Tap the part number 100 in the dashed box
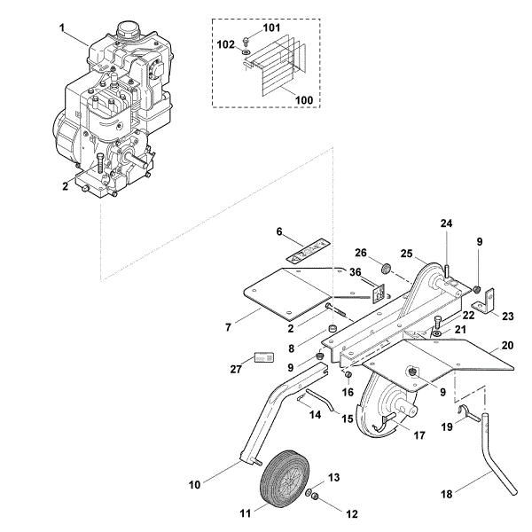click(303, 100)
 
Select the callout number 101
click(270, 28)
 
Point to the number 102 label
click(226, 43)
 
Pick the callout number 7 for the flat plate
click(228, 327)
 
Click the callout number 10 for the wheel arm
click(196, 485)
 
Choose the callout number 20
click(508, 346)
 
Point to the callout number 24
click(446, 223)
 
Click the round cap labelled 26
click(386, 269)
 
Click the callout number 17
click(419, 435)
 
